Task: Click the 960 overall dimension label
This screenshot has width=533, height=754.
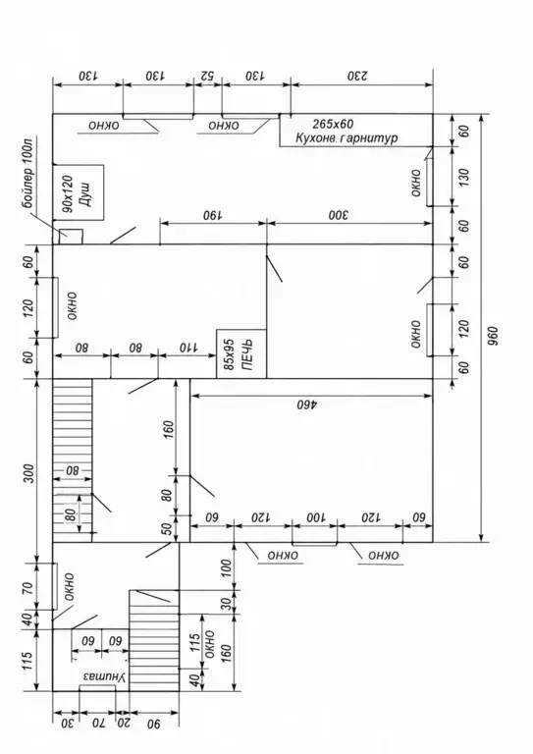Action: coord(492,336)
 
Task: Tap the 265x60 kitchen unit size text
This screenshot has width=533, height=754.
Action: coord(333,124)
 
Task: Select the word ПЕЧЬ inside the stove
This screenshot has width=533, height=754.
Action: coord(247,354)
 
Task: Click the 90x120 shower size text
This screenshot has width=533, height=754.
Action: coord(68,193)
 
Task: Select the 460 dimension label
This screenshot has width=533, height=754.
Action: coord(306,404)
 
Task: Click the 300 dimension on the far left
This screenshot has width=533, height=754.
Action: coord(28,473)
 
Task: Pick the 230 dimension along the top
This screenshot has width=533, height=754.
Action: coord(357,76)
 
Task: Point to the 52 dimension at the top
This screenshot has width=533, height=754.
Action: coord(207,76)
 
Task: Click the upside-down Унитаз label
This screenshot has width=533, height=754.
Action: coord(104,677)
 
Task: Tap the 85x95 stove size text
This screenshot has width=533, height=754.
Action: coord(229,354)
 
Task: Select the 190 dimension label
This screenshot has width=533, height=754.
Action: coord(212,215)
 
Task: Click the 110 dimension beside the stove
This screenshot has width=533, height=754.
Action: coord(188,348)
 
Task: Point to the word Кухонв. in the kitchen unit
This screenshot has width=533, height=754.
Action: coord(315,138)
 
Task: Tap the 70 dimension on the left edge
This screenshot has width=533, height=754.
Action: coord(28,587)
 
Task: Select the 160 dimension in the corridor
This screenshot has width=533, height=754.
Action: coord(168,426)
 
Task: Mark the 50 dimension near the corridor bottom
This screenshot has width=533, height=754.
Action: coord(167,528)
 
